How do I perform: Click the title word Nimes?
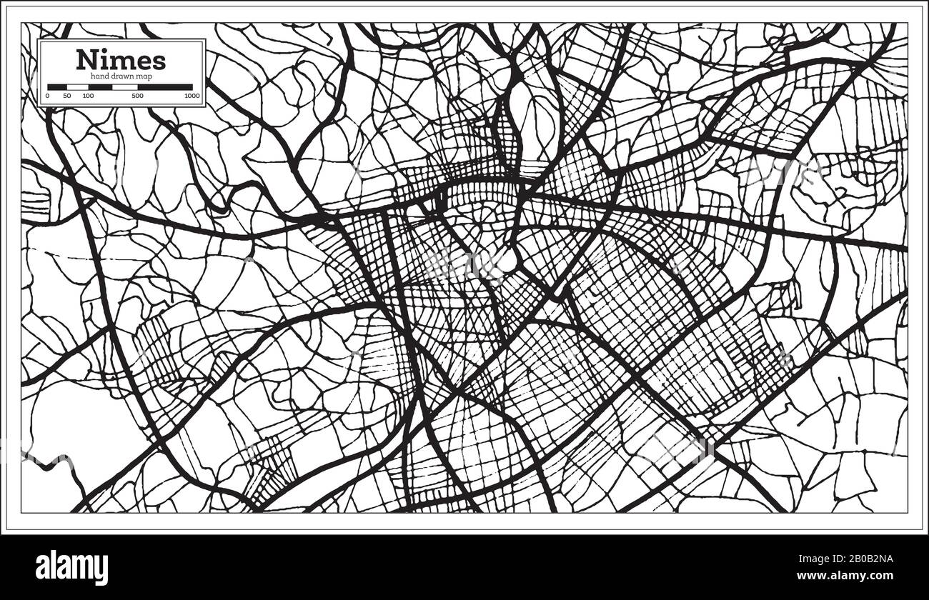pyautogui.click(x=121, y=59)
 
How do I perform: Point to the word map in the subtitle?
pyautogui.click(x=154, y=76)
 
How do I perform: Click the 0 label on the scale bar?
pyautogui.click(x=48, y=96)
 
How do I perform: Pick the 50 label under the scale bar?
pyautogui.click(x=67, y=96)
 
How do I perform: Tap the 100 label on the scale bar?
pyautogui.click(x=88, y=96)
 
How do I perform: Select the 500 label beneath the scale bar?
pyautogui.click(x=137, y=96)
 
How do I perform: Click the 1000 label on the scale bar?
pyautogui.click(x=191, y=96)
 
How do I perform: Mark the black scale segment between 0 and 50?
pyautogui.click(x=57, y=86)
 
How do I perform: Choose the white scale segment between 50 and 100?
pyautogui.click(x=77, y=86)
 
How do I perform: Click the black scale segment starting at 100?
pyautogui.click(x=100, y=86)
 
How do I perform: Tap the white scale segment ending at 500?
pyautogui.click(x=124, y=86)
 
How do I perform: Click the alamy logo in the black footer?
pyautogui.click(x=72, y=567)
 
